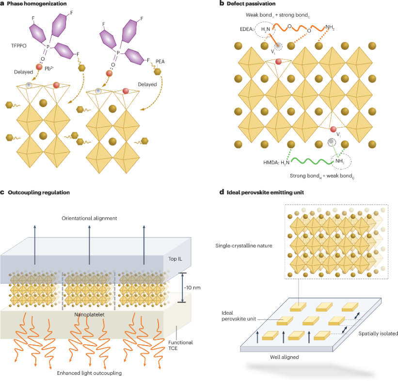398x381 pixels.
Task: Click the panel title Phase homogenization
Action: (36, 4)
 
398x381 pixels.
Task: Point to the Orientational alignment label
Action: (89, 218)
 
